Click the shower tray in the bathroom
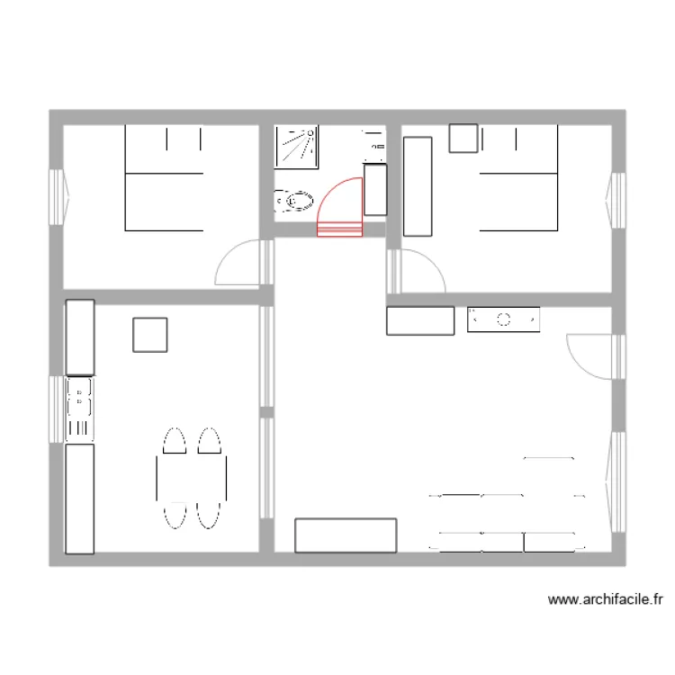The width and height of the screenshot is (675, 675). (298, 147)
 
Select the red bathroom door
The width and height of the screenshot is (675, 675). (340, 211)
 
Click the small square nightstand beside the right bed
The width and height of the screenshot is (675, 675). (463, 139)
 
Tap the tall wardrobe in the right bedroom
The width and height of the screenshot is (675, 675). (418, 186)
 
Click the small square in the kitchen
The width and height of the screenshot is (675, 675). (149, 335)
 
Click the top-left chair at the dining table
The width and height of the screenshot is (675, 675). (174, 442)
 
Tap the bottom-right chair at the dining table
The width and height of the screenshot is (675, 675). (209, 513)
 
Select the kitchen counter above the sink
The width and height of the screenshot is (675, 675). (80, 337)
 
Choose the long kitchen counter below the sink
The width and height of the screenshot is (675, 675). (80, 498)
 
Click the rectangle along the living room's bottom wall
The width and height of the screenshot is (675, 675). (346, 535)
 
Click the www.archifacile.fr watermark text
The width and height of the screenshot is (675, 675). (605, 598)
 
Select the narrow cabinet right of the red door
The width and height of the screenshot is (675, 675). (374, 189)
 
